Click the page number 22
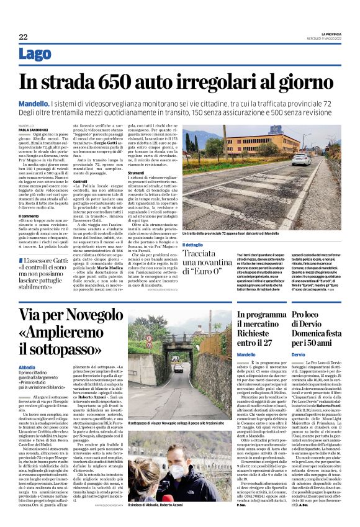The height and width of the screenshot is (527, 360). point(23,37)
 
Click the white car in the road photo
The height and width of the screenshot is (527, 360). point(302,160)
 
